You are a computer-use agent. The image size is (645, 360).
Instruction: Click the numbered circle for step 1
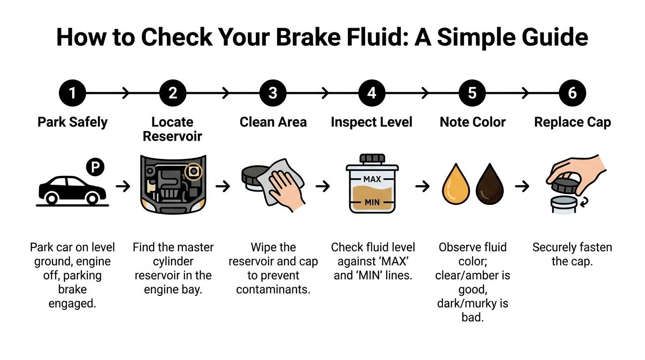point(72,93)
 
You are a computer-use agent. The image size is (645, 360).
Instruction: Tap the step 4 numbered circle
point(372,93)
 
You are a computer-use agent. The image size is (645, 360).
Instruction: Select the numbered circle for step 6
point(572,93)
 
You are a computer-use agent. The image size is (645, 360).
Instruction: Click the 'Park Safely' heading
point(72,122)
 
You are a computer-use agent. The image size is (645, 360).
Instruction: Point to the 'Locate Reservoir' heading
point(172,129)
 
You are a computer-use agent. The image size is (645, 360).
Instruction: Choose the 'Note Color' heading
point(472,122)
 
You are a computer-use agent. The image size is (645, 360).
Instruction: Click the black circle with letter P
point(95,167)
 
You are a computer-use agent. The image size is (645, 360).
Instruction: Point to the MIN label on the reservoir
point(372,202)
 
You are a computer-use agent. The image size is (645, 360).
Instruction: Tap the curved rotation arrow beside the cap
point(586,202)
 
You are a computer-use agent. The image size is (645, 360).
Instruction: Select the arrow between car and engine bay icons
point(123,187)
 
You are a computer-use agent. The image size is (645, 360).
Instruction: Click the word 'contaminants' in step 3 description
point(273,290)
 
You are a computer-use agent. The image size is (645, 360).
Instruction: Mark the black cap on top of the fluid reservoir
point(372,158)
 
